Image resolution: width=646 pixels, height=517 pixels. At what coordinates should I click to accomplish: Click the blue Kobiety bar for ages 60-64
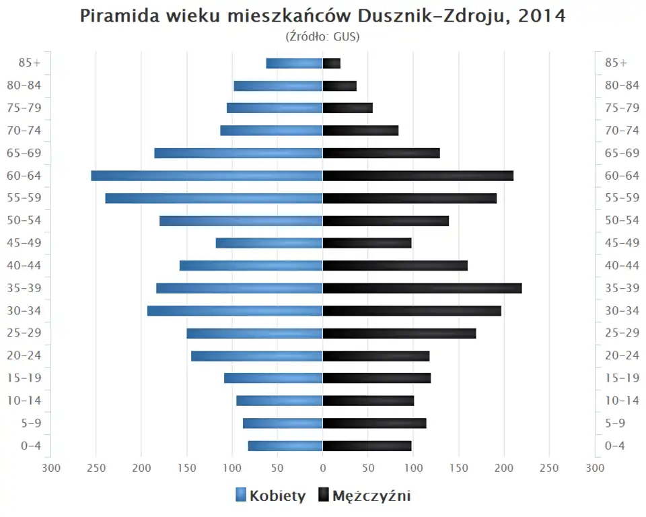[x=207, y=176]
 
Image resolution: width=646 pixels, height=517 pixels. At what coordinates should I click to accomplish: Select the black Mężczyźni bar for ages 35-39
[x=422, y=288]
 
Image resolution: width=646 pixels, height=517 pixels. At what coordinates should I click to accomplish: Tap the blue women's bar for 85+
[x=294, y=63]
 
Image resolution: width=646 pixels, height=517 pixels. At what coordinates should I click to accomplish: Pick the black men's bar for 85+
[x=332, y=63]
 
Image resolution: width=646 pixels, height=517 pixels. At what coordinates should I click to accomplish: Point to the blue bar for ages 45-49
[x=269, y=243]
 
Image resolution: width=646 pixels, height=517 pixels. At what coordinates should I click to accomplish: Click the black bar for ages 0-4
[x=367, y=446]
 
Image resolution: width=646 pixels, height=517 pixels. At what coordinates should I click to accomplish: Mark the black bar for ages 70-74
[x=361, y=131]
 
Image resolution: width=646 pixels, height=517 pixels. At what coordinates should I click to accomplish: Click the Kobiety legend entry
[x=271, y=496]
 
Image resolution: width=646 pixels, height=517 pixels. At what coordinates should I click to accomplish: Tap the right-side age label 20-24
[x=622, y=355]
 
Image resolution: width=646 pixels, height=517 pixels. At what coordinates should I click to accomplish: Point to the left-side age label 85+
[x=30, y=63]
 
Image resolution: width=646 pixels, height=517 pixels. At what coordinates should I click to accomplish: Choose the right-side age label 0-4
[x=615, y=446]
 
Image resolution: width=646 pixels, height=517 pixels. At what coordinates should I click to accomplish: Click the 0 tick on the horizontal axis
[x=323, y=468]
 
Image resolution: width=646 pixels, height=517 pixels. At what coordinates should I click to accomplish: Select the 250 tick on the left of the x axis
[x=96, y=468]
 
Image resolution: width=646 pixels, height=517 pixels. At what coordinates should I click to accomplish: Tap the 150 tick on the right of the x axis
[x=459, y=468]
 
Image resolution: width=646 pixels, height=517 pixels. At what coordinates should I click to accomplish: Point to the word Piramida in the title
[x=118, y=16]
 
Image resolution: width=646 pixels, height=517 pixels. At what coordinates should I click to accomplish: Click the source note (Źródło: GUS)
[x=322, y=36]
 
